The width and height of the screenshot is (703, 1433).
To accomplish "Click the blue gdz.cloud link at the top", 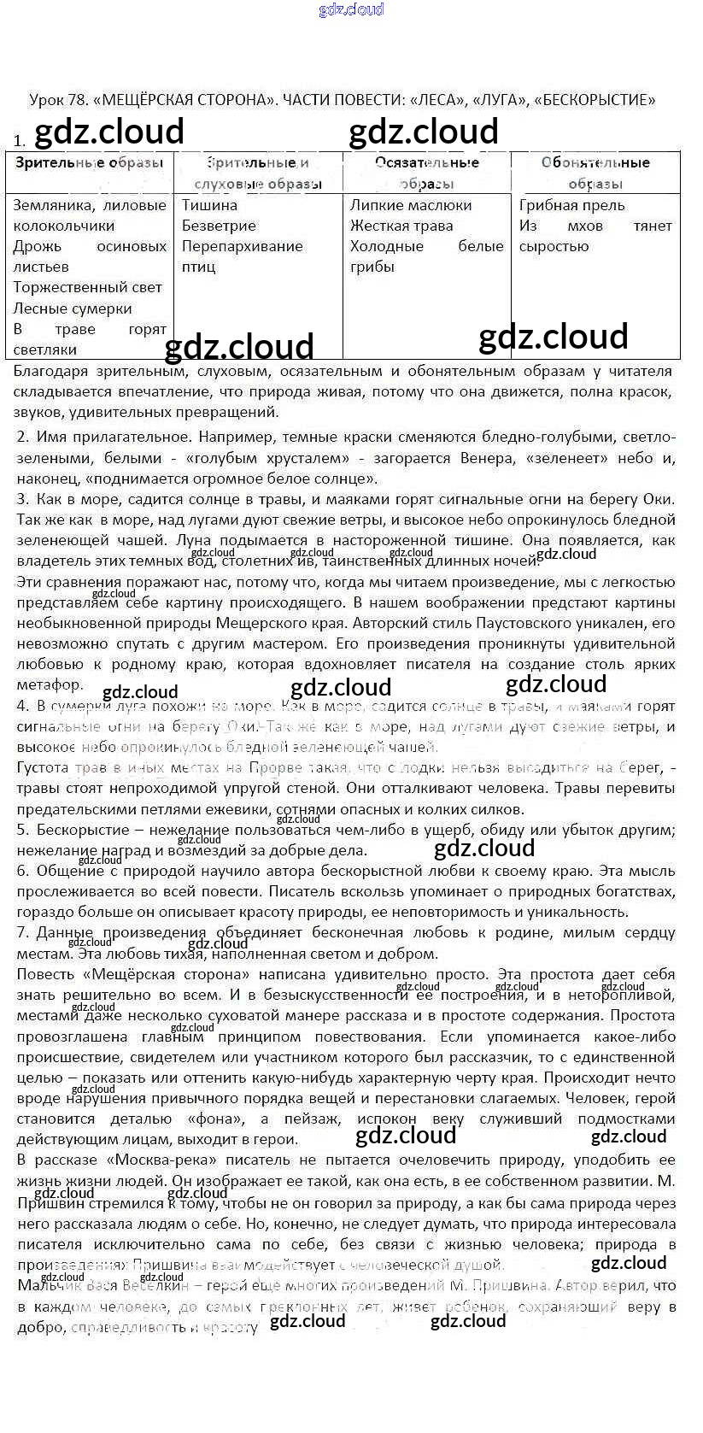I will coord(351,9).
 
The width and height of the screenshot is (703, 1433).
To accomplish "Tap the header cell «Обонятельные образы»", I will coord(595,173).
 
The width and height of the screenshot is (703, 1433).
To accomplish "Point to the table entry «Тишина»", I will coord(209,205).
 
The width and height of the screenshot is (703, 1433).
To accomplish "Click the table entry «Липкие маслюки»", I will coord(410,205).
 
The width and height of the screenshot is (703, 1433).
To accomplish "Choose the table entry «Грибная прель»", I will coord(571,205).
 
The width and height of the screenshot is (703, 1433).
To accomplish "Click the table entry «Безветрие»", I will coord(219,226).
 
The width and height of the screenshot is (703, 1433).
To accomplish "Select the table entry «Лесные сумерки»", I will coord(73,308).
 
